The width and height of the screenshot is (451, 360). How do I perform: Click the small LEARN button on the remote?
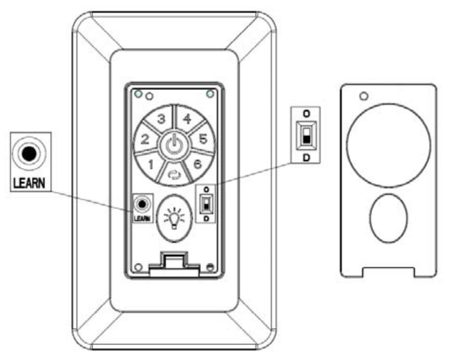click(142, 204)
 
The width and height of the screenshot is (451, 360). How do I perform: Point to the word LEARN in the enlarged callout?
click(29, 183)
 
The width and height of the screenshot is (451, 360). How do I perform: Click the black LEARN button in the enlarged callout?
click(29, 154)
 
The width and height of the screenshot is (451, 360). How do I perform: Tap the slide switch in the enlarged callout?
click(307, 135)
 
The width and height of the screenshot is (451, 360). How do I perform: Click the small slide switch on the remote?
click(206, 204)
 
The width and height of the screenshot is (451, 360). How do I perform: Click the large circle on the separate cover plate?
click(388, 145)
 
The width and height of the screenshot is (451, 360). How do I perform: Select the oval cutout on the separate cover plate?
click(388, 218)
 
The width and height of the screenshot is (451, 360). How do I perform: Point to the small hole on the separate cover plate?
click(364, 96)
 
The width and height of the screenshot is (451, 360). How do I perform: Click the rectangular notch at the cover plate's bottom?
click(388, 272)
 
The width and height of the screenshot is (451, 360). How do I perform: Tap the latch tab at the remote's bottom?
click(174, 265)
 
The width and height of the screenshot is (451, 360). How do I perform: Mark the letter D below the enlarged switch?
click(307, 158)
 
